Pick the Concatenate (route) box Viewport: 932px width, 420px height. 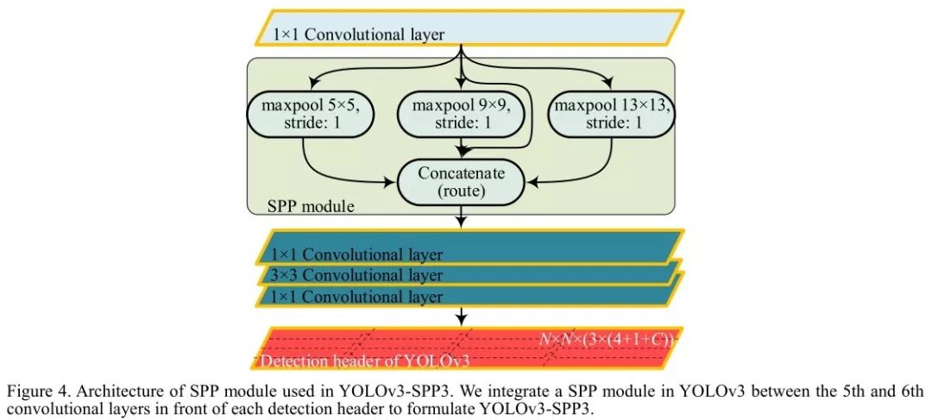click(461, 181)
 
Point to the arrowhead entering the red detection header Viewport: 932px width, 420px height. click(463, 322)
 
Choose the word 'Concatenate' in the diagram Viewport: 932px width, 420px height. click(461, 172)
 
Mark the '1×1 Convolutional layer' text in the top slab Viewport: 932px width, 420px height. click(358, 35)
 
